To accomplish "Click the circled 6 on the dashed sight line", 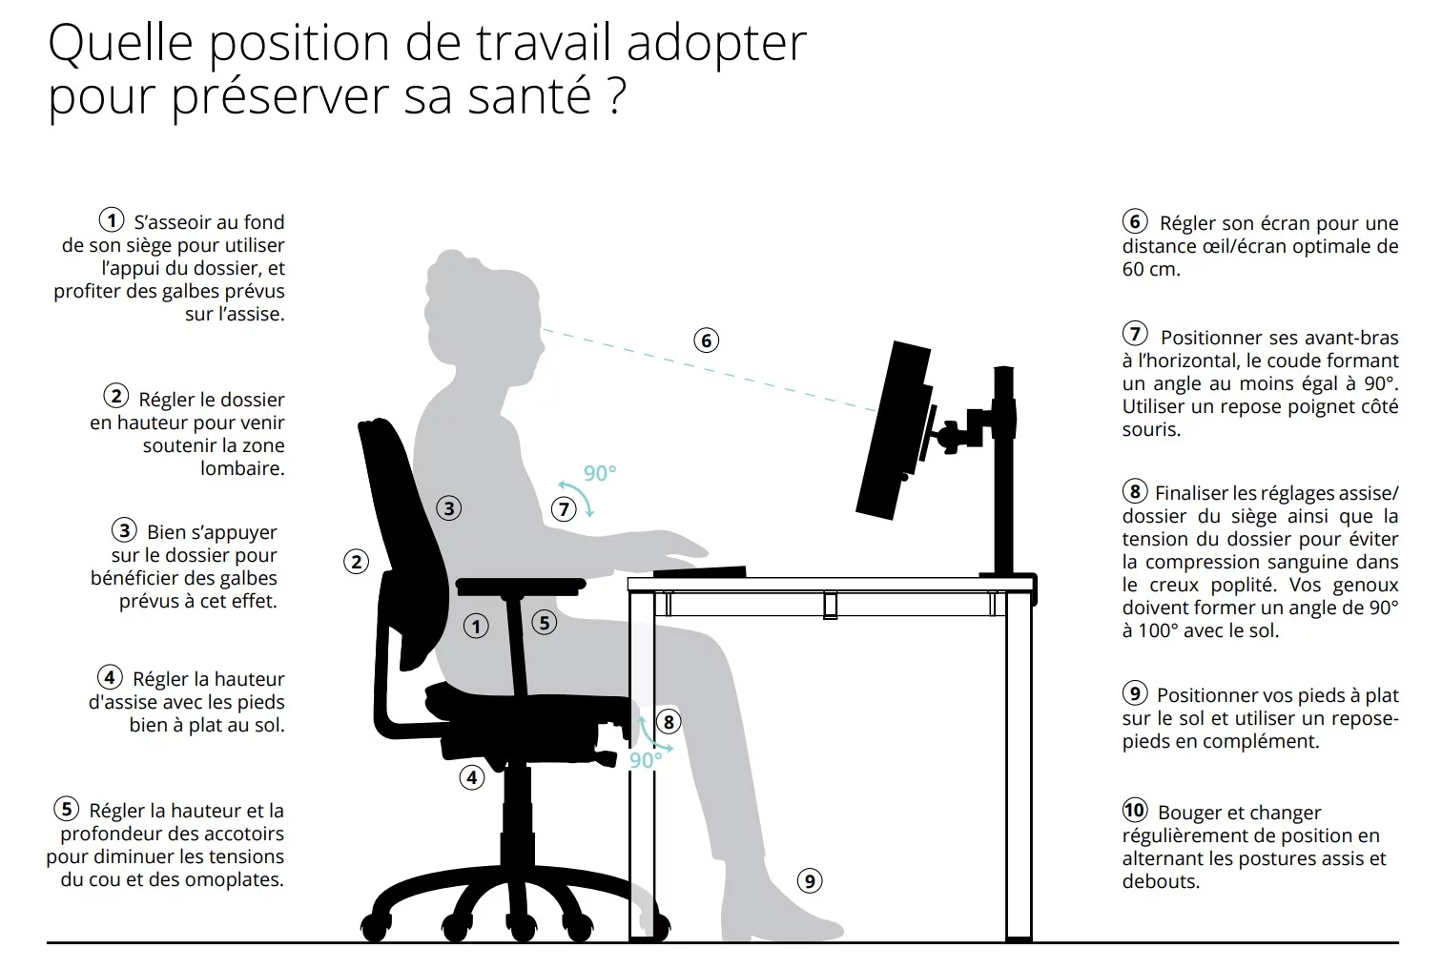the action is tap(706, 340).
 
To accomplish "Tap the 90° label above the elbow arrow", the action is tap(600, 473).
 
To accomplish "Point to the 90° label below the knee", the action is tap(645, 760).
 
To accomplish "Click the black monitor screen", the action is tap(894, 430).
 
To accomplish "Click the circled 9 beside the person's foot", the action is tap(810, 881).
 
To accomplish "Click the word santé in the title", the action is tap(529, 95).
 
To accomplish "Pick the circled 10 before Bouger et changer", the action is tap(1135, 810).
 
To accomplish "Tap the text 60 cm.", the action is tap(1151, 269).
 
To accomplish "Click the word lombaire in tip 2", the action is tap(242, 468).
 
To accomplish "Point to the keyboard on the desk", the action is tap(700, 571).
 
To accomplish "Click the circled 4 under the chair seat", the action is tap(472, 778).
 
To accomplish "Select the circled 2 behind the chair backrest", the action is tap(356, 562).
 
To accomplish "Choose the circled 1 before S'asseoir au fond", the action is tap(112, 219).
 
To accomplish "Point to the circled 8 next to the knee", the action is tap(669, 722).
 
